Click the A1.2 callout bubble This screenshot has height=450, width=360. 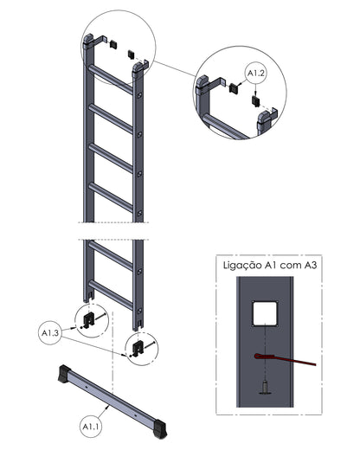coord(256,74)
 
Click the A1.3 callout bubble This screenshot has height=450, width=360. coord(50,332)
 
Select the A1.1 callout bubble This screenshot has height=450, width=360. coord(91,427)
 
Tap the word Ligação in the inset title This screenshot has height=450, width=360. coord(242,265)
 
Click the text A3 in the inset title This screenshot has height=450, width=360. coord(310,265)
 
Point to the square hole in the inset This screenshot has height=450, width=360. coord(265,313)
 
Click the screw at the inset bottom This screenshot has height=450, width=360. coord(265,387)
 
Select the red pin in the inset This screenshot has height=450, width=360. coord(285,359)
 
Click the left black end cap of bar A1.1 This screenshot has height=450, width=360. coord(65,374)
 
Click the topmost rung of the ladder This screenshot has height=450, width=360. coord(111,80)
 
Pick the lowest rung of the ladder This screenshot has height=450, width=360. coord(111,295)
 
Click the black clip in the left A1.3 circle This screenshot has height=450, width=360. coord(89,320)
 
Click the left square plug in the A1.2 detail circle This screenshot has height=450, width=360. coord(233,87)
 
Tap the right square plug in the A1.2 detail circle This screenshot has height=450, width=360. coord(255,100)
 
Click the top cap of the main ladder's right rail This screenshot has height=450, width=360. coord(138,70)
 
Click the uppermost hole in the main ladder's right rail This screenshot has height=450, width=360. coord(140,94)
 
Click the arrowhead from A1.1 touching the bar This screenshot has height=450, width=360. coord(107,407)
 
